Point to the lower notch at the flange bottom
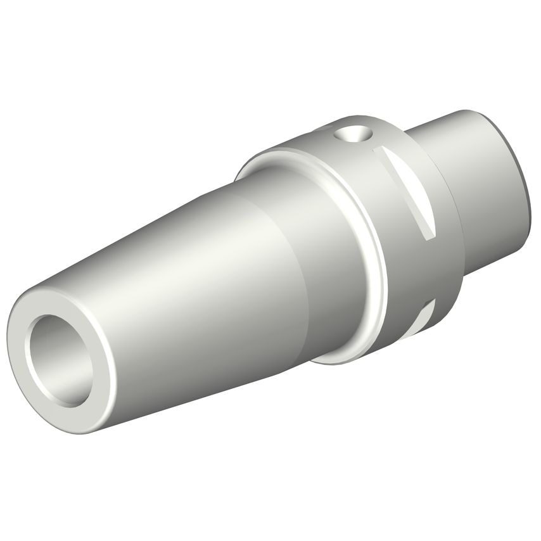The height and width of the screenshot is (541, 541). tap(426, 317)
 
